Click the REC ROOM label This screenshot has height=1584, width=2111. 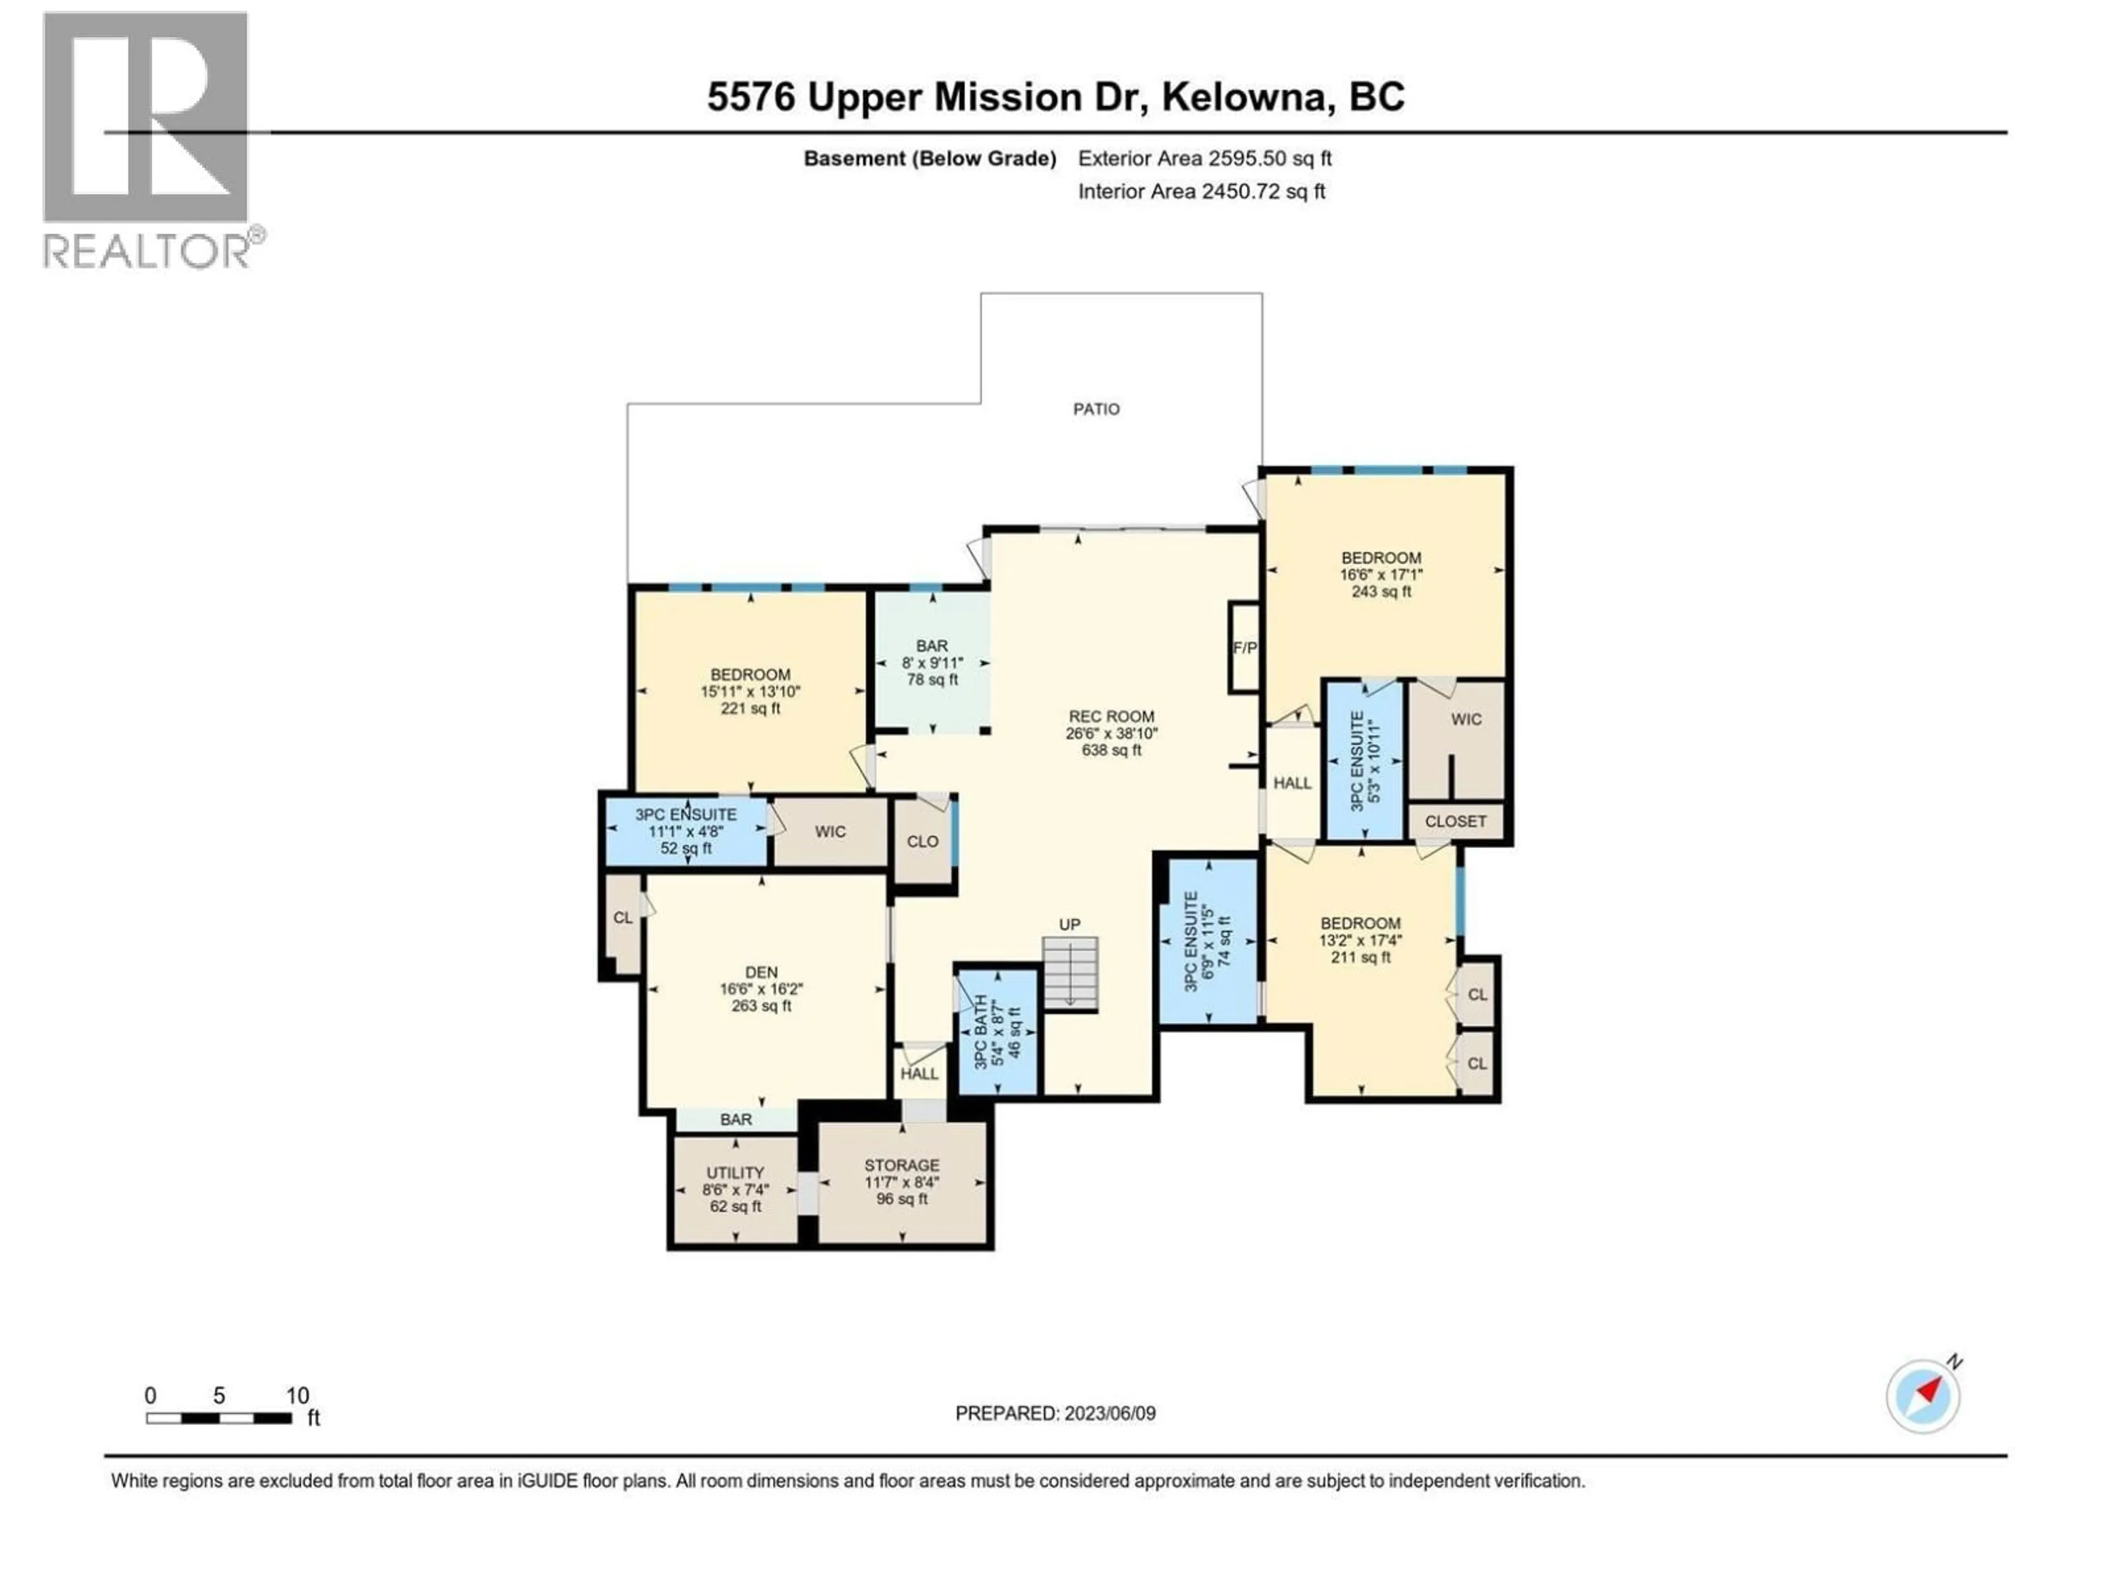(x=1111, y=716)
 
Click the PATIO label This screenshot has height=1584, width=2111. (x=1096, y=409)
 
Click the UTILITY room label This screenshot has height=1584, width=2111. (x=735, y=1173)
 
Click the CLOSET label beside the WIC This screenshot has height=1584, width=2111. (x=1455, y=821)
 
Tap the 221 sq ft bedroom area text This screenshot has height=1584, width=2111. (x=750, y=708)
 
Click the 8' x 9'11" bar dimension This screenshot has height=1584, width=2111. (x=932, y=663)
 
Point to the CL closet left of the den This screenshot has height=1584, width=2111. (x=622, y=917)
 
